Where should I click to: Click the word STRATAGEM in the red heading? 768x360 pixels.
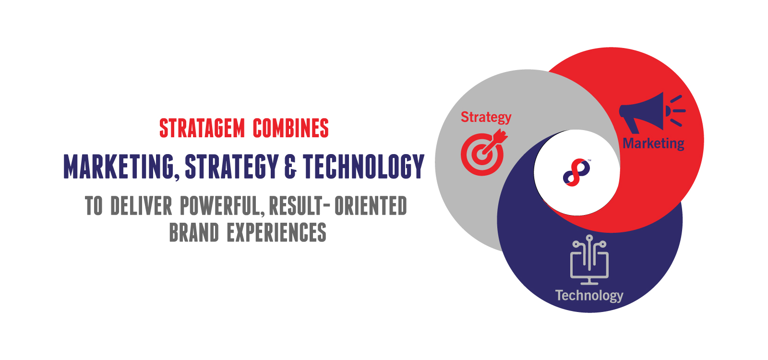202,128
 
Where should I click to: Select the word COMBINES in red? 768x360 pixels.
291,128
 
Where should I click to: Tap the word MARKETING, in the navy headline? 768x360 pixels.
121,167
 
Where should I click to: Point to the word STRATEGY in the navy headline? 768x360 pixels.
232,167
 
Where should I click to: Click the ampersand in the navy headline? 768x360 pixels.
290,167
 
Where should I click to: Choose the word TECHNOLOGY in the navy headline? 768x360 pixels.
364,167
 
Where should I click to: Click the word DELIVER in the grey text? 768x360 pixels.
141,206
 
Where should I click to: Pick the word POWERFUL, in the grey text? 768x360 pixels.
223,206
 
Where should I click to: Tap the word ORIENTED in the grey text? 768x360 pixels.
371,206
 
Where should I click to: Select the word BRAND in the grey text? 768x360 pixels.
194,232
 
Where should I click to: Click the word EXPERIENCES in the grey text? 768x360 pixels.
276,232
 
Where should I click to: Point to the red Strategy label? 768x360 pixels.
486,118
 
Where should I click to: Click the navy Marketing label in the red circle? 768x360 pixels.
653,144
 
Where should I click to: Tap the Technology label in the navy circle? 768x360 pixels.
589,296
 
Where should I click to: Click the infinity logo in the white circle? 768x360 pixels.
576,172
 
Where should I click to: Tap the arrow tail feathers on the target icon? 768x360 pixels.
501,135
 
